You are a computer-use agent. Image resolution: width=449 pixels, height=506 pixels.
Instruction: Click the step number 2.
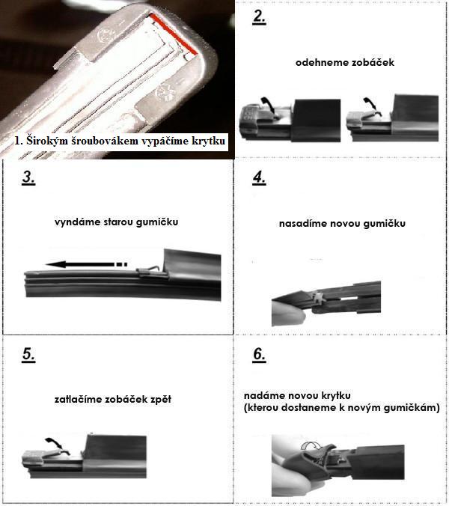(259, 17)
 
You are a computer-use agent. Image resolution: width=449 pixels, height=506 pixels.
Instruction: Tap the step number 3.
(28, 178)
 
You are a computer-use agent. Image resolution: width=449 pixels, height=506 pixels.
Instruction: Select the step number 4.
(260, 178)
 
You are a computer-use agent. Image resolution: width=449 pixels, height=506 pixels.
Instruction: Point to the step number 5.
(28, 355)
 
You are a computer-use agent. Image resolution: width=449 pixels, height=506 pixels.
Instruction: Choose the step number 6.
(260, 355)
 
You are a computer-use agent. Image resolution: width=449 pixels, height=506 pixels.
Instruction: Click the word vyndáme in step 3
(73, 222)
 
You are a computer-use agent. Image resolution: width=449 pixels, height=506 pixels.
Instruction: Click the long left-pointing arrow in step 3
(87, 265)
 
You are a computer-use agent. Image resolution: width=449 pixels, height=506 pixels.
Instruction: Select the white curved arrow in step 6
(311, 446)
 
